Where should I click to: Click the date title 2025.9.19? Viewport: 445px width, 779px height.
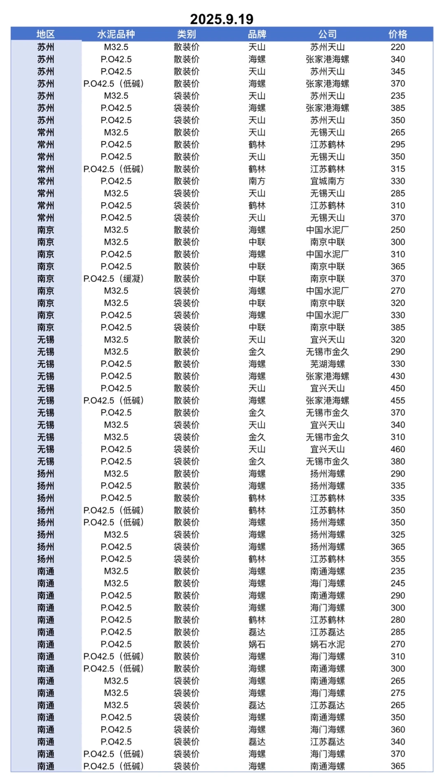tap(222, 19)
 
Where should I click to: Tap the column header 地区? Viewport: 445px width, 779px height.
tap(45, 34)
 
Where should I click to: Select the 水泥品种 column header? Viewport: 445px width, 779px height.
tap(116, 34)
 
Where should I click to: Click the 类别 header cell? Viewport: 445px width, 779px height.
tap(186, 34)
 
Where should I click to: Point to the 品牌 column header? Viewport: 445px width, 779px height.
tap(257, 34)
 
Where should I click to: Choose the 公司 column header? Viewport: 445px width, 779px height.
tap(327, 34)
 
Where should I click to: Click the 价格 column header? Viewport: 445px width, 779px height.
tap(398, 34)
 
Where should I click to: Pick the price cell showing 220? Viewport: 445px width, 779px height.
tap(398, 47)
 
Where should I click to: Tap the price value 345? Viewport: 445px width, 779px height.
tap(398, 72)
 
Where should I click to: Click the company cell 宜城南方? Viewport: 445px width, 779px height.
tap(327, 181)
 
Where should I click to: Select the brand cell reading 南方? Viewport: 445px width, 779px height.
tap(257, 181)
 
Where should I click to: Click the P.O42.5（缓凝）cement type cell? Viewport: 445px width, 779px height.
tap(114, 279)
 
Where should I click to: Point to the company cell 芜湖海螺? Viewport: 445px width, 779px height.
tap(327, 364)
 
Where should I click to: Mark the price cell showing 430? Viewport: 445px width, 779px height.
tap(398, 376)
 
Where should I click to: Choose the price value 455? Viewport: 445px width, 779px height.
tap(398, 400)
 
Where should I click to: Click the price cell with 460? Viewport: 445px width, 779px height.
tap(398, 449)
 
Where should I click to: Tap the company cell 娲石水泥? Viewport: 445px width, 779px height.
tap(327, 644)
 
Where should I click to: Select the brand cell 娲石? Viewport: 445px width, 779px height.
tap(257, 644)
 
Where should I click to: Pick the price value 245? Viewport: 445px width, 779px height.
tap(398, 583)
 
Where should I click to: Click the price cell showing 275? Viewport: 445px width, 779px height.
tap(398, 693)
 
